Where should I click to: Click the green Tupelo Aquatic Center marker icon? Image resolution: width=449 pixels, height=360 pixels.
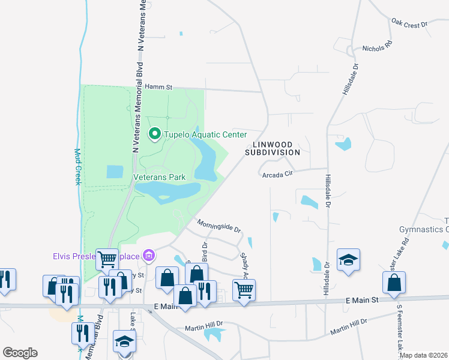154,134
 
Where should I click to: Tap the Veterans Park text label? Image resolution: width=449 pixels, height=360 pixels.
159,177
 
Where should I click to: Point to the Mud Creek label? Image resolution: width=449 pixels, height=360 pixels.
77,167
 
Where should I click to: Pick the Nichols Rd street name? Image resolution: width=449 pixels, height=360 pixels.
377,46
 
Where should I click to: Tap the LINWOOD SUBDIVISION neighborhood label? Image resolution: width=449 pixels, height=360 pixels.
272,148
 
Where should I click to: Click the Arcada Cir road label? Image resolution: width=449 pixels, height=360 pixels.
277,175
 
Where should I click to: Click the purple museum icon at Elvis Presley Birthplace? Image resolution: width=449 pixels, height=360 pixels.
149,257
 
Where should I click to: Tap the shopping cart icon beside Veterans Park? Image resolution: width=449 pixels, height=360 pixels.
107,259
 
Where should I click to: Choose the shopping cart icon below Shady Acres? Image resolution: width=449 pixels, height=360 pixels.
244,289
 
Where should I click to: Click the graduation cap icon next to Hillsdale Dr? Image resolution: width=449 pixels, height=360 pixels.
348,260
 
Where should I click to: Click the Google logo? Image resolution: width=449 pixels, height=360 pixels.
20,353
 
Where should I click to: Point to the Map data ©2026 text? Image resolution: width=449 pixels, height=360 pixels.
423,355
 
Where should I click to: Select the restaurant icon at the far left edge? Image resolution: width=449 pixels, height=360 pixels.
5,279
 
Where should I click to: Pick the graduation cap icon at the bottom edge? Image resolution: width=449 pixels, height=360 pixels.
124,341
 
